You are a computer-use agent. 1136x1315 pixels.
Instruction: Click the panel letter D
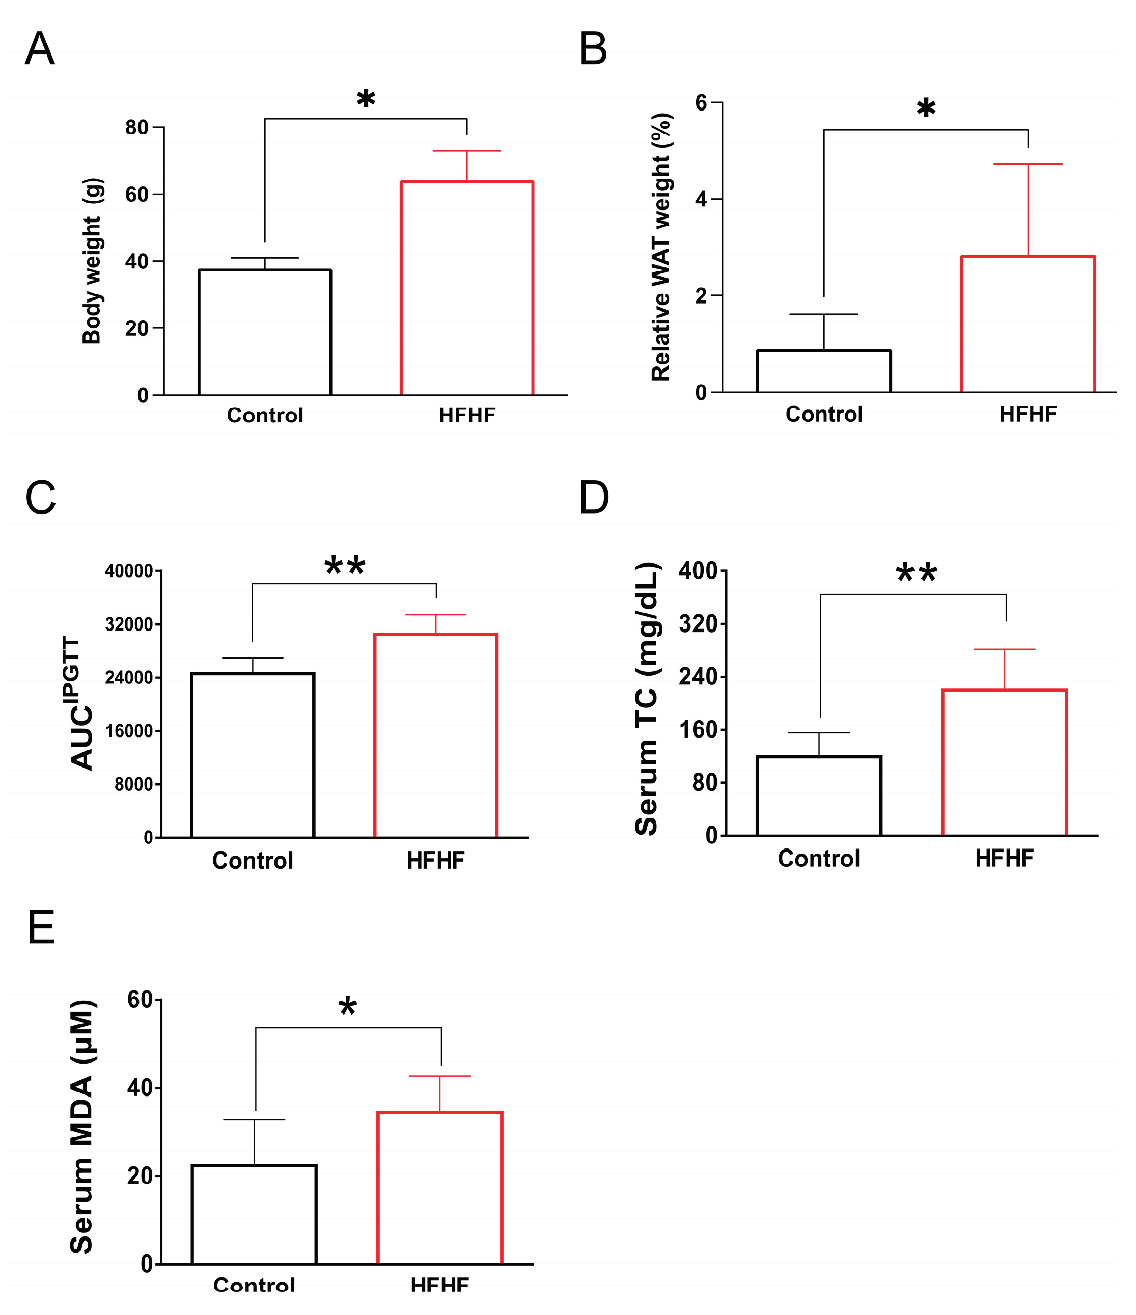[x=594, y=498]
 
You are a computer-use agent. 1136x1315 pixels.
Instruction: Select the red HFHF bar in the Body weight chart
[x=466, y=289]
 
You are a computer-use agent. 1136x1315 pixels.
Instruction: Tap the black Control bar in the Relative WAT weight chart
[x=824, y=371]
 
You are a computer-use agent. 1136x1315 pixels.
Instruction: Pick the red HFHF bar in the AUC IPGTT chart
[x=435, y=736]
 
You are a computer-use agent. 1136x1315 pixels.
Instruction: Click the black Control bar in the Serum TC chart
[x=819, y=796]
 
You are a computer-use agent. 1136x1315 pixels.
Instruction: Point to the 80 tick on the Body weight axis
[x=136, y=127]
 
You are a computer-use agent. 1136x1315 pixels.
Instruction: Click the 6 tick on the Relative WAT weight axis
[x=701, y=103]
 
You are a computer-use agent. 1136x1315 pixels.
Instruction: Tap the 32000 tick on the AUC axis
[x=129, y=624]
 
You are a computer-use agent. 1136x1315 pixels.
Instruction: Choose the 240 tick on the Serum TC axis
[x=698, y=676]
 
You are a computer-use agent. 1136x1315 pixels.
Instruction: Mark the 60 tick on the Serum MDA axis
[x=140, y=1000]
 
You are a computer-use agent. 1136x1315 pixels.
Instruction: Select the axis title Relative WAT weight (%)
[x=661, y=248]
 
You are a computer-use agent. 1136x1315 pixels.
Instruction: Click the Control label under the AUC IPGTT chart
[x=253, y=861]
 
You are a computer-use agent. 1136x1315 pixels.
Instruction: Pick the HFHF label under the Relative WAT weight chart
[x=1028, y=415]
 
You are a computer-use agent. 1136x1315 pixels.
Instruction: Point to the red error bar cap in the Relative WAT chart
[x=1028, y=165]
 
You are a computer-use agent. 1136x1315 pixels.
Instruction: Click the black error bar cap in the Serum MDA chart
[x=255, y=1120]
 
